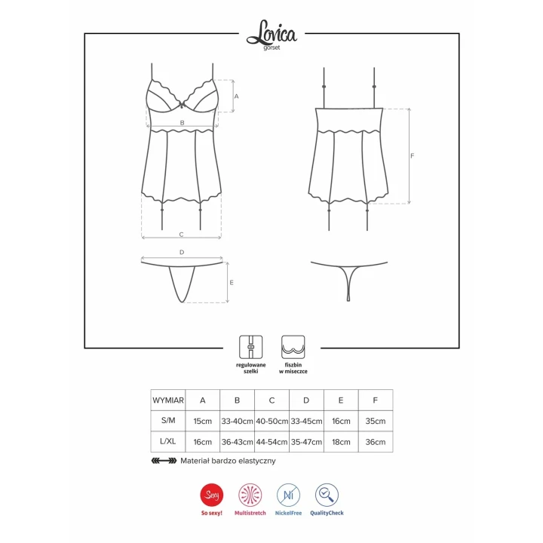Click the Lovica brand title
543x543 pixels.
[x=271, y=33]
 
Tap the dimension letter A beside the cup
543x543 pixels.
[x=236, y=97]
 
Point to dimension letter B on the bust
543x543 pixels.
[x=182, y=121]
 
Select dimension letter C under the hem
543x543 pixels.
[x=182, y=234]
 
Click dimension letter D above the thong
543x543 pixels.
[x=182, y=252]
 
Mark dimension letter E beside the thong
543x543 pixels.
[x=232, y=283]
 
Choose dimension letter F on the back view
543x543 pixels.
[x=412, y=156]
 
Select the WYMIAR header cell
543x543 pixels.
[x=168, y=400]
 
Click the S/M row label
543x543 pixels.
[x=168, y=421]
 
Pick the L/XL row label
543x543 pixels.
[x=168, y=442]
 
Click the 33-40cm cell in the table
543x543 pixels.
[x=237, y=421]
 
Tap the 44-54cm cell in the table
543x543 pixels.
[x=271, y=442]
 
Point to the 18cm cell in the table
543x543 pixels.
[x=340, y=442]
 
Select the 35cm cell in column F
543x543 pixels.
[x=375, y=421]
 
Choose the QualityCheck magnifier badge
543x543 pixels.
[x=327, y=495]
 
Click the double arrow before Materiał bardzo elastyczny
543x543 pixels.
[x=164, y=460]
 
